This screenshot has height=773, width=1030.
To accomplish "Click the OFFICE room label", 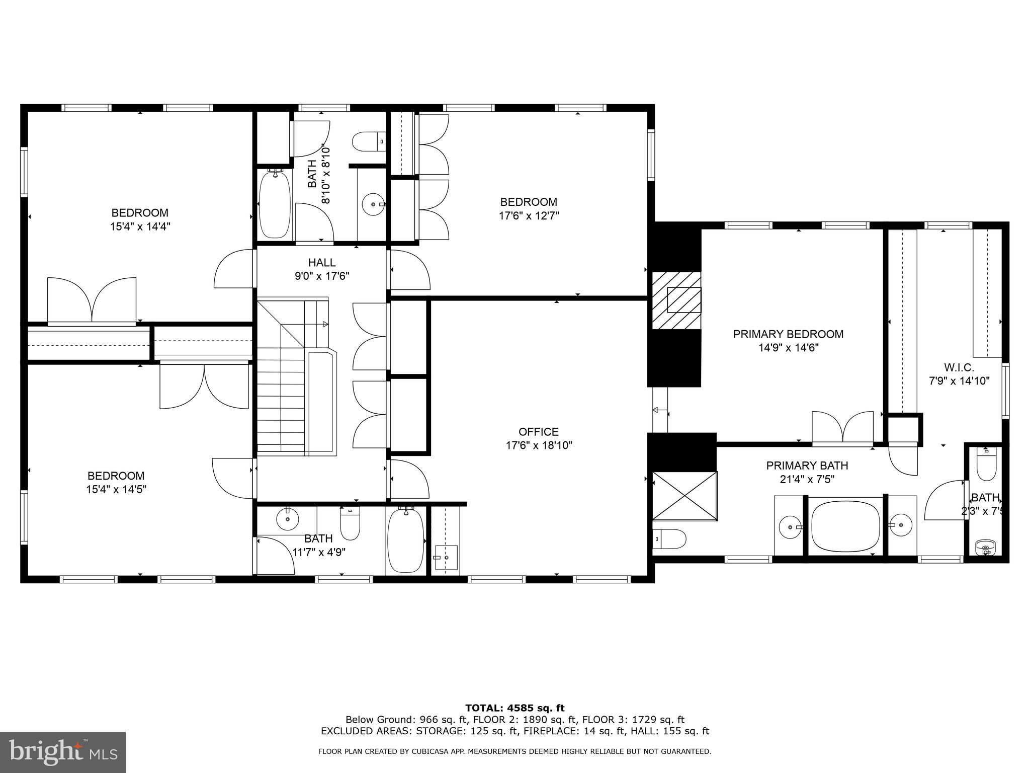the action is (x=539, y=432).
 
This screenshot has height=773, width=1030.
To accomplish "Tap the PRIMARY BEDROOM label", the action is (x=788, y=334).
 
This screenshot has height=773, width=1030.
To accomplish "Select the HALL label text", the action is (x=322, y=262).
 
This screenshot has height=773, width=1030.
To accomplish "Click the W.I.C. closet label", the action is (x=959, y=367).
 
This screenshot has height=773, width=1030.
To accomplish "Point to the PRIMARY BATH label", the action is (x=807, y=466).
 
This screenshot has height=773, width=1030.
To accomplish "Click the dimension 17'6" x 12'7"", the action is (x=529, y=215).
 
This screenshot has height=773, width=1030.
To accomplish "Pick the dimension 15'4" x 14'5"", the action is (x=116, y=489).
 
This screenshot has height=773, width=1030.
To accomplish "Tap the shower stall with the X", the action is (x=684, y=496).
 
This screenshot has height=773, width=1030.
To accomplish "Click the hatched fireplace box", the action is (x=676, y=300).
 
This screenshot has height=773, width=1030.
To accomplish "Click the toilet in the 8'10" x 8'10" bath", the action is (x=369, y=142).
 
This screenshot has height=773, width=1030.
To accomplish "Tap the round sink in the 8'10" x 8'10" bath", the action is (x=373, y=204).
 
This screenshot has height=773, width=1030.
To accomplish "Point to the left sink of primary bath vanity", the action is (x=790, y=527).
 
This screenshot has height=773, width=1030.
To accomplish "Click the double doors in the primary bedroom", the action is (x=842, y=428).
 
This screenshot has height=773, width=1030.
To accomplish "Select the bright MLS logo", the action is (x=63, y=752).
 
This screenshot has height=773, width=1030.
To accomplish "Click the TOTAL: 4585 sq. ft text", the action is (x=515, y=708).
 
